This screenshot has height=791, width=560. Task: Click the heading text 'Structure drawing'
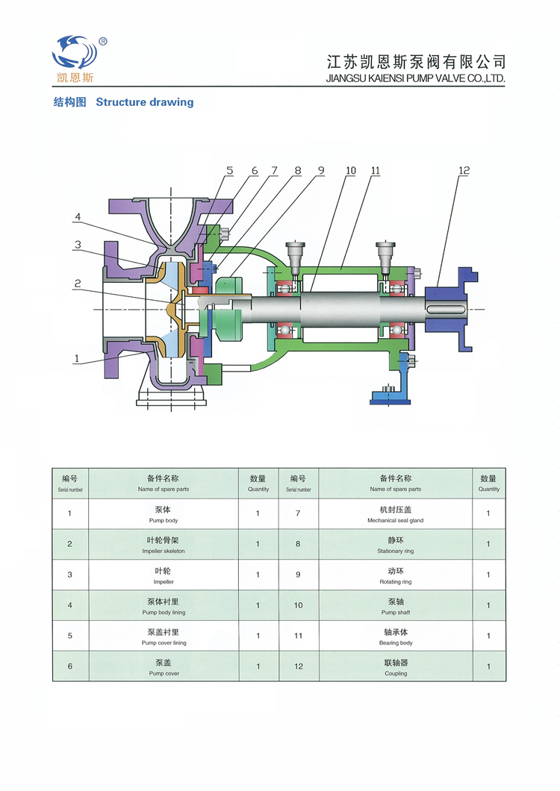[144, 102]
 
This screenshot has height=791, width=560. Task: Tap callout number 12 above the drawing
[464, 171]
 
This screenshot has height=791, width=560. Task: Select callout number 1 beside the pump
[76, 359]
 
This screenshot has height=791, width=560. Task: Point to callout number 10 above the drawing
[350, 171]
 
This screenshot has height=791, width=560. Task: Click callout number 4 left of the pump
[77, 217]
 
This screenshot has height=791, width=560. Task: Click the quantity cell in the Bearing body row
[488, 636]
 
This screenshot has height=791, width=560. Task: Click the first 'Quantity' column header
[258, 483]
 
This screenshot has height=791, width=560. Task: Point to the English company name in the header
[416, 78]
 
